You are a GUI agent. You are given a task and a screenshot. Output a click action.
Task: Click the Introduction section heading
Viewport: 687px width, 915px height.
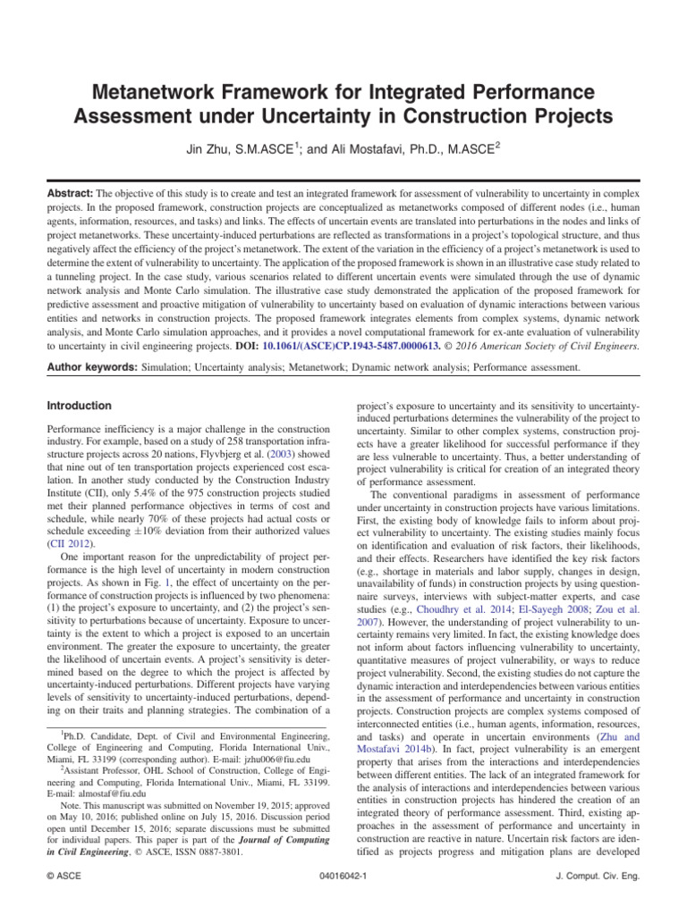point(79,405)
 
